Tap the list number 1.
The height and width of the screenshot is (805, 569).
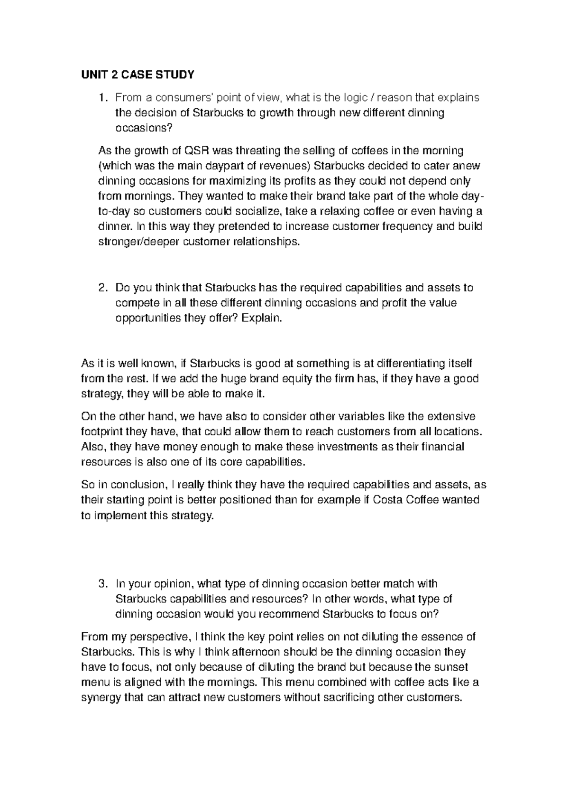pyautogui.click(x=101, y=98)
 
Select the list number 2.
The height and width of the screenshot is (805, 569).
pyautogui.click(x=101, y=288)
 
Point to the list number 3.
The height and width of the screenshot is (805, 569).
pyautogui.click(x=101, y=584)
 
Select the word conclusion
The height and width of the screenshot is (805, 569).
pyautogui.click(x=134, y=485)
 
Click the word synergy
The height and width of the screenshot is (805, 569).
pyautogui.click(x=101, y=698)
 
